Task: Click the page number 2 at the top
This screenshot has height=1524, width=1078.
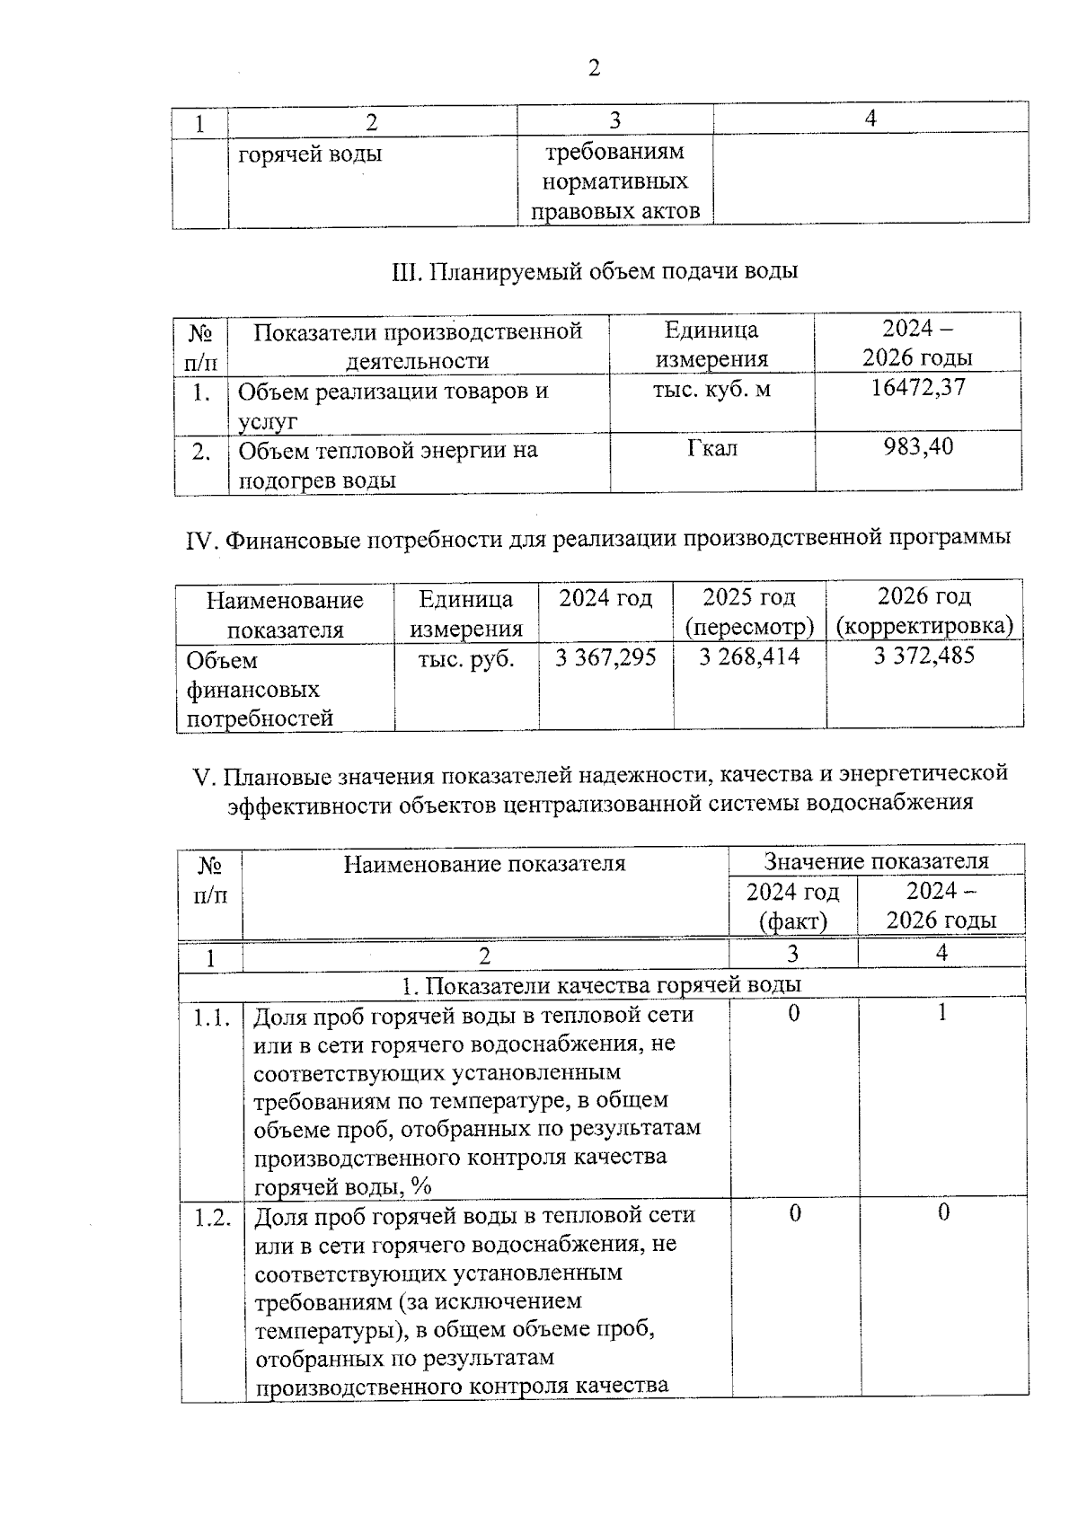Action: click(x=593, y=68)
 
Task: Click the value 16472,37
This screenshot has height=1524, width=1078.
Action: click(x=918, y=388)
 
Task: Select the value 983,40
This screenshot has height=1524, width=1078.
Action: click(x=918, y=446)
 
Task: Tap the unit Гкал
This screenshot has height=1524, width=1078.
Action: click(x=712, y=447)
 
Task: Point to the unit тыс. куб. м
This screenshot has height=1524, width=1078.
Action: click(x=711, y=390)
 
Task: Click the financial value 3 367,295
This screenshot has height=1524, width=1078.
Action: click(x=605, y=657)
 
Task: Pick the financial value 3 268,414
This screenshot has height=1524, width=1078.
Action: click(x=749, y=656)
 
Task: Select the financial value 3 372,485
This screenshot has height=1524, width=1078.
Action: click(x=923, y=656)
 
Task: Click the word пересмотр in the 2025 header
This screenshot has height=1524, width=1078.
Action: click(x=749, y=626)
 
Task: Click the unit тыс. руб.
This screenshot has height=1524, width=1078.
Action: click(x=466, y=658)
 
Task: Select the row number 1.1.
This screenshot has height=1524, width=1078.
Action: click(x=211, y=1017)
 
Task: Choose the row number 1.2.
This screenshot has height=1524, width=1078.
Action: click(x=212, y=1218)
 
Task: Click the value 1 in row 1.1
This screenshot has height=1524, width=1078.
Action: click(x=941, y=1013)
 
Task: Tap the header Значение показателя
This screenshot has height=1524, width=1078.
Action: click(x=876, y=861)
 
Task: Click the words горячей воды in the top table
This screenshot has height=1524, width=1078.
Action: click(x=310, y=154)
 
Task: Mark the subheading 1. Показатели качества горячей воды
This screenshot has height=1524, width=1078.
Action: click(x=601, y=984)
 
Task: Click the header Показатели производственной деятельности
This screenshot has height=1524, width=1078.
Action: click(x=418, y=346)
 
